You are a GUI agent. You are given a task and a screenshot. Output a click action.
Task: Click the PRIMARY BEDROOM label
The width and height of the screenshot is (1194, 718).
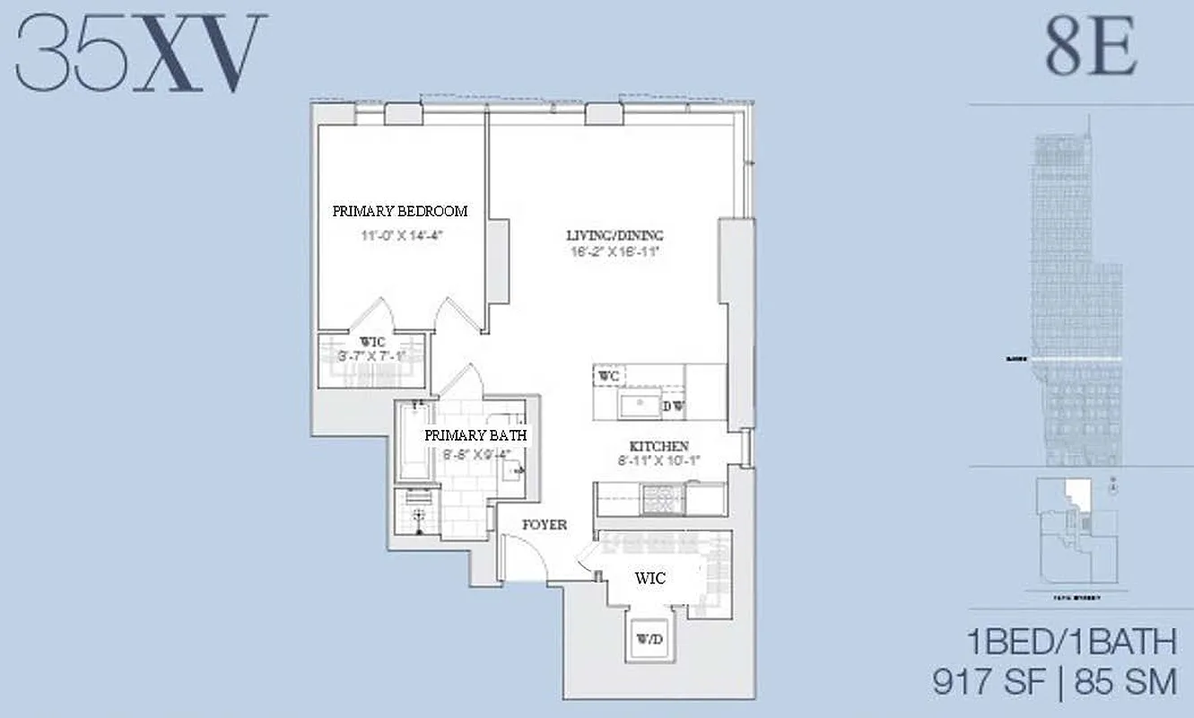point(400,212)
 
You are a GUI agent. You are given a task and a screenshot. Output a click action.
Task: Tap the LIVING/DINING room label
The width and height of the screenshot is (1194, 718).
point(614,236)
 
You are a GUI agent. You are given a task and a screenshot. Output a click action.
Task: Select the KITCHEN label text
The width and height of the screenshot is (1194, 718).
point(658,446)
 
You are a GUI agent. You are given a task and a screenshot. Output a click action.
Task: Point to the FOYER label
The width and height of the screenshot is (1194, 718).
point(545,524)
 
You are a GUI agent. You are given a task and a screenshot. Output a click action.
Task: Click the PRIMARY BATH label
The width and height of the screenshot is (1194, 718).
point(475,435)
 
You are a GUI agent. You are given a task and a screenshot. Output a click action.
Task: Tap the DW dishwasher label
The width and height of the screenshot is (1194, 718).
point(674,407)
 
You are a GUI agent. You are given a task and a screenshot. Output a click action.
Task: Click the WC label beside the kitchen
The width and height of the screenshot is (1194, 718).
point(610,374)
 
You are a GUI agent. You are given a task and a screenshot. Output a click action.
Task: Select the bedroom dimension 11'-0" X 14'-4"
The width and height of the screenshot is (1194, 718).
point(400,235)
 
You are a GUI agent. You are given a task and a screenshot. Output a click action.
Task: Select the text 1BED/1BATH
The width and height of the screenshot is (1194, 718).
point(1071,643)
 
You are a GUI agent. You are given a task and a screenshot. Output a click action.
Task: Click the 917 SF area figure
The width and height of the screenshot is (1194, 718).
point(989,682)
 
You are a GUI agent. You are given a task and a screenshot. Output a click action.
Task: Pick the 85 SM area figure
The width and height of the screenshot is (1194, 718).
point(1125,682)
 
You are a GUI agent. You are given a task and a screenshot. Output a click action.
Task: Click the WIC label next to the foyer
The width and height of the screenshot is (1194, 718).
point(649,579)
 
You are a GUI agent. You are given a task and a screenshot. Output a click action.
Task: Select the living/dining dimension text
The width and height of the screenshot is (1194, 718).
point(614,252)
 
